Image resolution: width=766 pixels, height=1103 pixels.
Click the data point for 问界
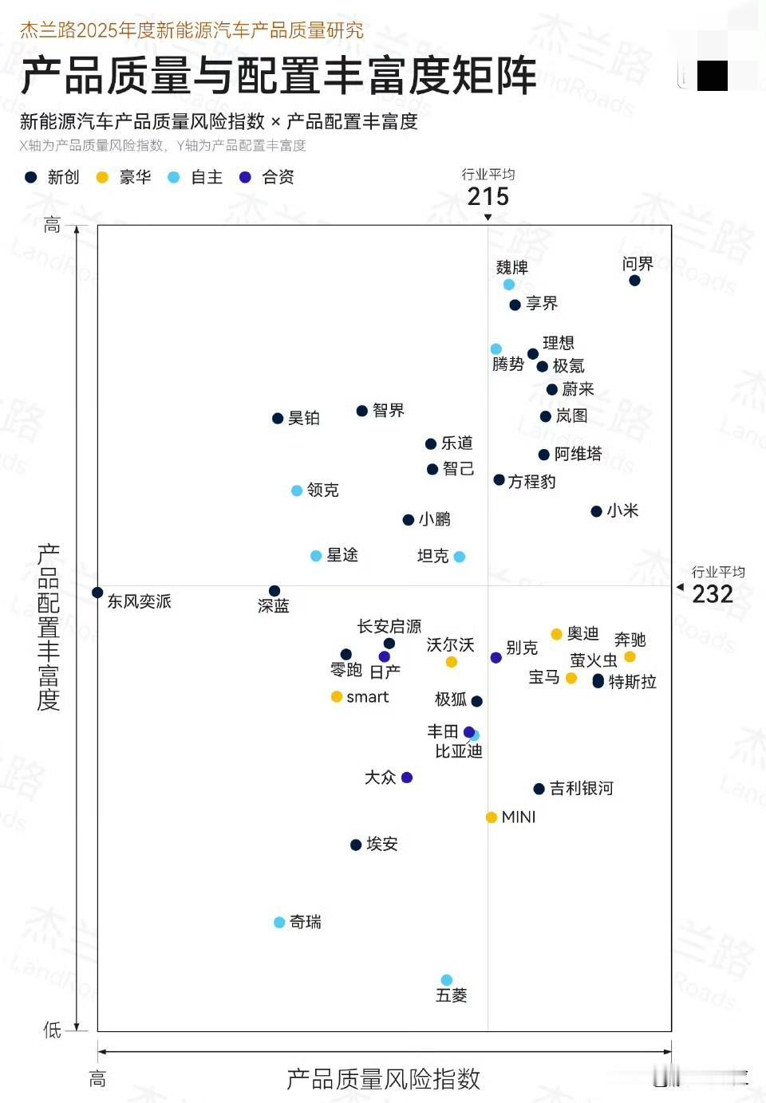(x=634, y=280)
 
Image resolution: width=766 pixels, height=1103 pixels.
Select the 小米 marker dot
(x=596, y=511)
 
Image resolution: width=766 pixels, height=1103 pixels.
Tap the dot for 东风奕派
(x=97, y=593)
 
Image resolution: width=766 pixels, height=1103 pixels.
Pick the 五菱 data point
(x=447, y=980)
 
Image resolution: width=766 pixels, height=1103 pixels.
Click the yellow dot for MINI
(x=492, y=817)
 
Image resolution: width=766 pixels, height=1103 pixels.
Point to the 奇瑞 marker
(x=279, y=923)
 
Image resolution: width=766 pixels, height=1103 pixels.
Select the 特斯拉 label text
(x=632, y=682)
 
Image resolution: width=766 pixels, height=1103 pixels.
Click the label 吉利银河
(x=581, y=789)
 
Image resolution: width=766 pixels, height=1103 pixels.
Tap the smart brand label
(x=367, y=697)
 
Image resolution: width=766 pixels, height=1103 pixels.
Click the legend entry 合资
(x=278, y=177)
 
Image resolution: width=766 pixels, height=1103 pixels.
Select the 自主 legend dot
(x=174, y=177)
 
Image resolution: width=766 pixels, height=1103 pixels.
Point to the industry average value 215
(x=488, y=196)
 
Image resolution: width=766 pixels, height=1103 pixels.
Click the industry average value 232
(x=712, y=594)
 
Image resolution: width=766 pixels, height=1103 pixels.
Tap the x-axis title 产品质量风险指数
(x=383, y=1079)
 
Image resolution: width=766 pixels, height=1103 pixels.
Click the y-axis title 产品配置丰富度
(x=49, y=627)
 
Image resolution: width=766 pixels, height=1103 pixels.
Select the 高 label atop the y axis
(x=52, y=225)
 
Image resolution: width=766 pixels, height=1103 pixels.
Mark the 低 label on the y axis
(x=52, y=1030)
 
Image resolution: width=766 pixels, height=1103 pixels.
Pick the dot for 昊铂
(x=278, y=419)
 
